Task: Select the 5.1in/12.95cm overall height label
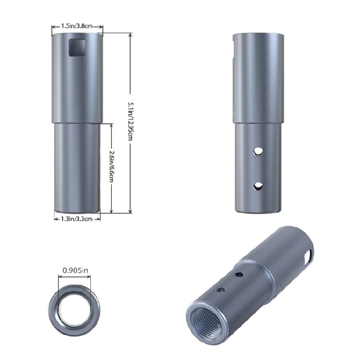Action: point(130,122)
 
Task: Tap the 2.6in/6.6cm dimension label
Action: point(111,166)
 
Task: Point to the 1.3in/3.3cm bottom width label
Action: point(77,218)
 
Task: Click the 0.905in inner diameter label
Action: point(75,271)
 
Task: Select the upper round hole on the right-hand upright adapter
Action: point(258,151)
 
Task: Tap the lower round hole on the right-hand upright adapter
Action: point(258,185)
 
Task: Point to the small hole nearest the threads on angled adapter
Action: point(221,290)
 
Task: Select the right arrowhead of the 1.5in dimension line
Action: point(103,26)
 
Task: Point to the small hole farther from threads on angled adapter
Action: point(238,275)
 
